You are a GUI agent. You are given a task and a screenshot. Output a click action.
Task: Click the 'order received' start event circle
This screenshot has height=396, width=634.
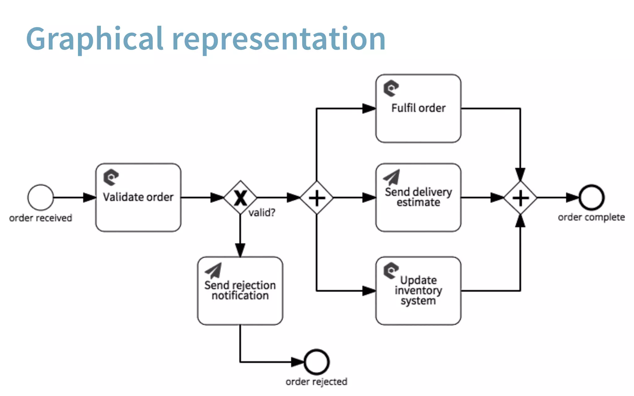click(40, 197)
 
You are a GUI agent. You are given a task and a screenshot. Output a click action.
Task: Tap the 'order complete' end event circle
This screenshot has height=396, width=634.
click(592, 197)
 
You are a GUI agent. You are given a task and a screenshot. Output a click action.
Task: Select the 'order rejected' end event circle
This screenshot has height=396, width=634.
click(316, 362)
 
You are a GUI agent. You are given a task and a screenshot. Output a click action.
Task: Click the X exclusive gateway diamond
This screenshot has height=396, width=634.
click(240, 197)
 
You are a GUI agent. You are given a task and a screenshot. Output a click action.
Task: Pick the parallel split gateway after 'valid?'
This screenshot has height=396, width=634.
click(316, 197)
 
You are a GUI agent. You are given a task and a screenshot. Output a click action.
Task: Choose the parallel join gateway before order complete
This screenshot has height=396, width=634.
click(520, 197)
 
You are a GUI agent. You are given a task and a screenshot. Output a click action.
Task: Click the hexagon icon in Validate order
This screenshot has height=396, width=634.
click(111, 177)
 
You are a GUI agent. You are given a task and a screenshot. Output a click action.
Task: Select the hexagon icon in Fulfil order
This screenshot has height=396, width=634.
click(391, 88)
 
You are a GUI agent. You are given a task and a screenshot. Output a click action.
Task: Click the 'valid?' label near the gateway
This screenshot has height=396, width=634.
click(262, 213)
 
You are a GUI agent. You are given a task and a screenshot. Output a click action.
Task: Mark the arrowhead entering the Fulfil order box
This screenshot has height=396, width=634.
click(369, 109)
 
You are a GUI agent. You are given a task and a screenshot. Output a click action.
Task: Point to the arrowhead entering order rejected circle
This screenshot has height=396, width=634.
click(298, 362)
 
